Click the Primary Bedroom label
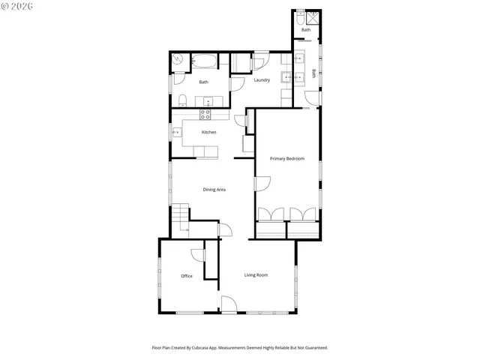click(287, 158)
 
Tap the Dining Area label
click(214, 190)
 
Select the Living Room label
click(256, 275)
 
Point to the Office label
click(187, 276)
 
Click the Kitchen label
click(209, 133)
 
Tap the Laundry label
click(262, 80)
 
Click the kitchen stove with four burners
click(205, 115)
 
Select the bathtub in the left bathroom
click(204, 61)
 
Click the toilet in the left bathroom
click(181, 100)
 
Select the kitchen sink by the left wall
click(177, 133)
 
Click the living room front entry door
click(229, 304)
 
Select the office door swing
click(199, 255)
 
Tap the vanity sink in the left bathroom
click(206, 100)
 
